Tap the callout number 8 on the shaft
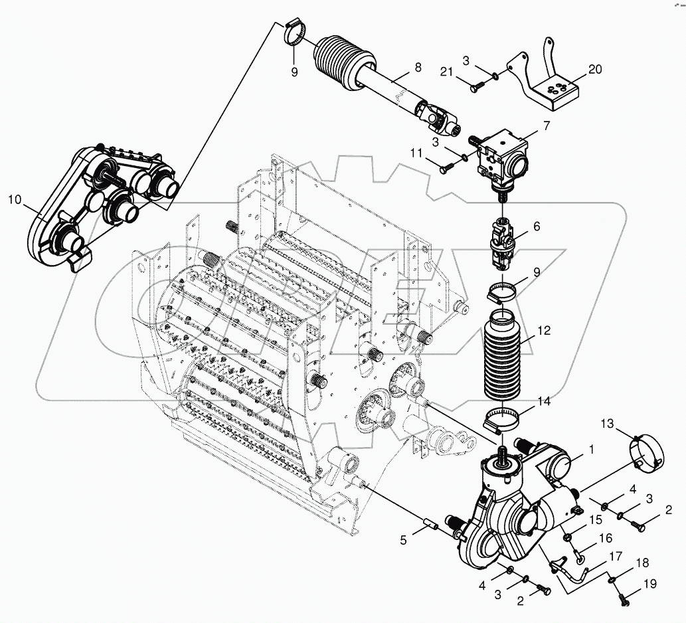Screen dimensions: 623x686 tap(418, 67)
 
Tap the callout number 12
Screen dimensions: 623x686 tap(545, 330)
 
